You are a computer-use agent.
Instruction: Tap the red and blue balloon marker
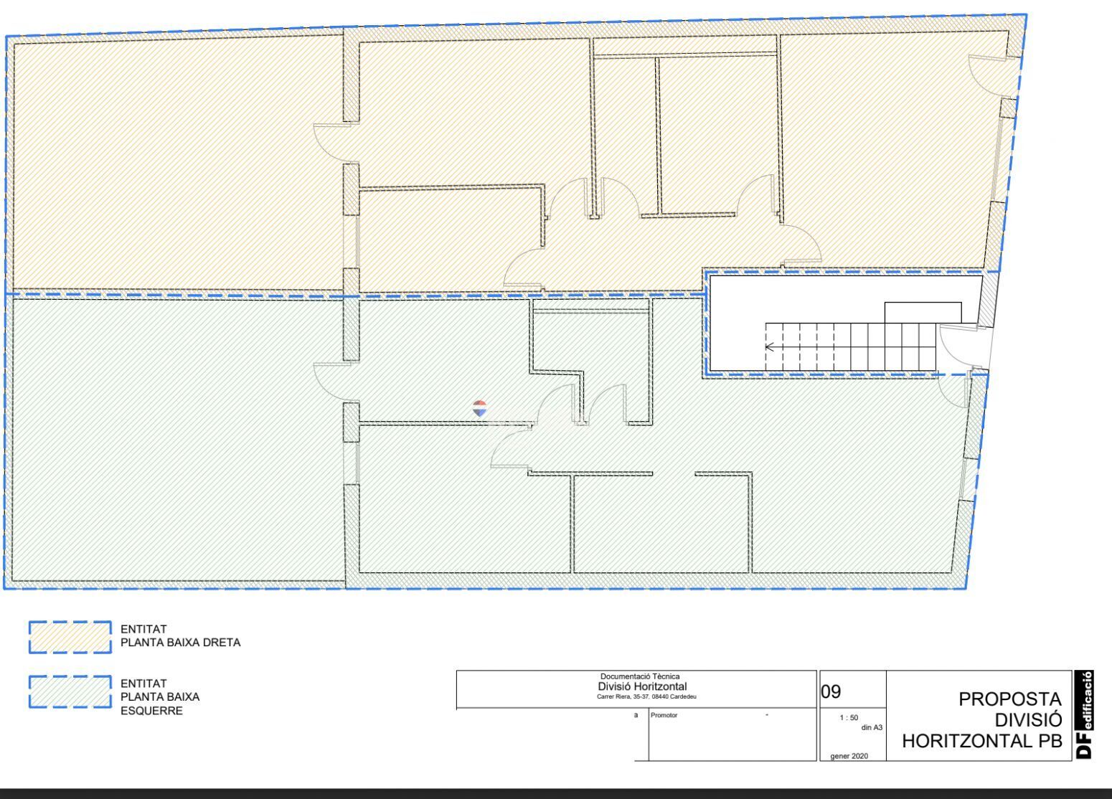[479, 408]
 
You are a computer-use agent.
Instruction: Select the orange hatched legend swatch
[70, 637]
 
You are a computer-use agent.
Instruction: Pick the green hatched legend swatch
[70, 691]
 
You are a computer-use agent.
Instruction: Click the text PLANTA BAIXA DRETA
[181, 642]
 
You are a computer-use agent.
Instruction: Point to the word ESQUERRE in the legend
[152, 711]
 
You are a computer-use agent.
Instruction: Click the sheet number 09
[831, 691]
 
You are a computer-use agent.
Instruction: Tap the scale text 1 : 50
[849, 718]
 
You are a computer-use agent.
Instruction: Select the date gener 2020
[849, 756]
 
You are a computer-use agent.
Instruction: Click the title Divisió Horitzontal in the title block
[642, 686]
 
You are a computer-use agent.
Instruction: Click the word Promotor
[664, 715]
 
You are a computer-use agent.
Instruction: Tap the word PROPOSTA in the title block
[1009, 699]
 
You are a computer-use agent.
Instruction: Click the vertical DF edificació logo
[1084, 714]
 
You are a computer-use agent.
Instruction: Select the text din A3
[872, 727]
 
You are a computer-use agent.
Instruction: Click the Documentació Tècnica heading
[640, 676]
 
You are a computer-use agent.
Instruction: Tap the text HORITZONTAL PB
[982, 741]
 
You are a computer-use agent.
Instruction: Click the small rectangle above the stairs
[923, 313]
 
